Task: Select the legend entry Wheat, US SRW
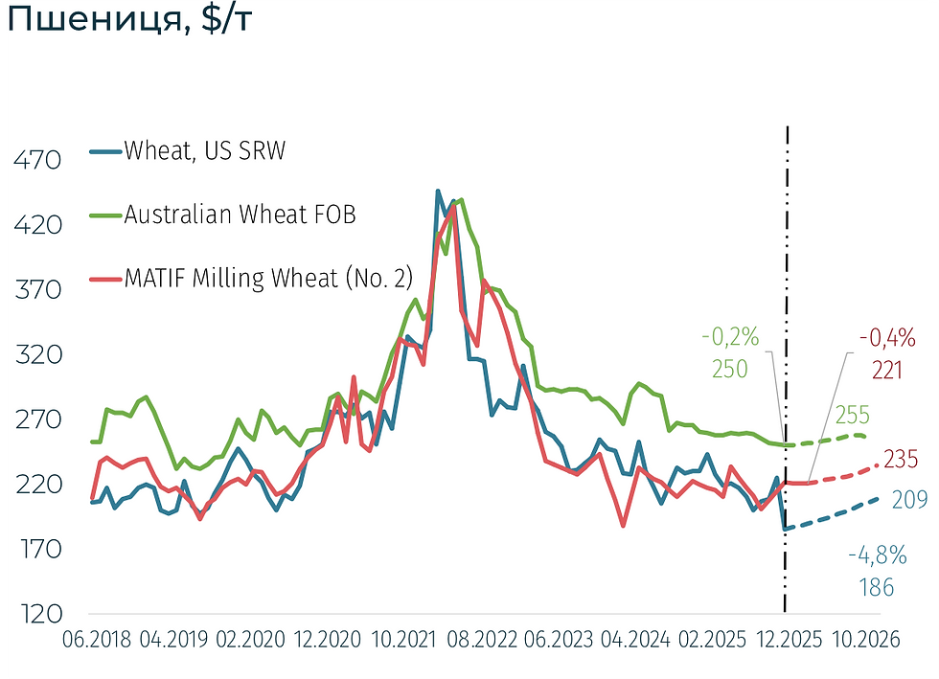204,151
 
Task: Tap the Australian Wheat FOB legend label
240,215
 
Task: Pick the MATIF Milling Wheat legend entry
268,278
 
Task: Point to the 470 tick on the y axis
37,161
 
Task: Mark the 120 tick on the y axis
37,614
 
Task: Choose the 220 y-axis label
37,485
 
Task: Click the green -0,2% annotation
730,337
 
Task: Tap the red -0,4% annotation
887,337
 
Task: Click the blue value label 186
876,587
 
